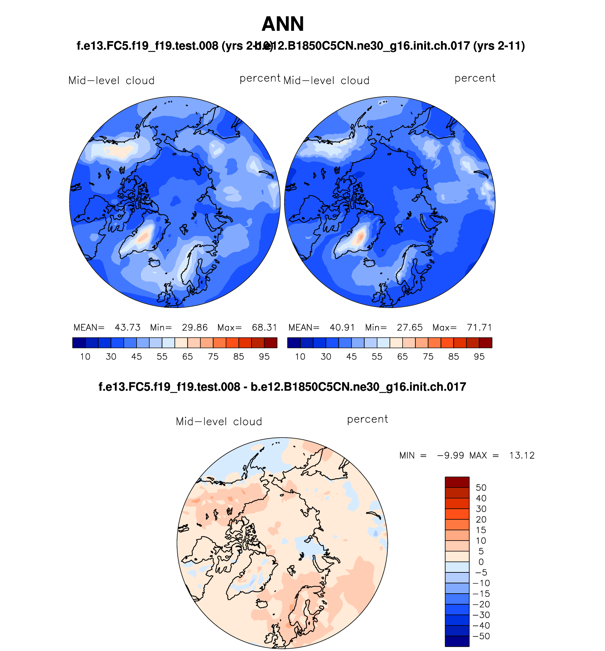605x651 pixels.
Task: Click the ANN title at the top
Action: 283,24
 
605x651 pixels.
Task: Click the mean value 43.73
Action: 127,327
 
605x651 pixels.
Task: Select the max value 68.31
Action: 264,327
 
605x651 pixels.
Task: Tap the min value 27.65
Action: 409,327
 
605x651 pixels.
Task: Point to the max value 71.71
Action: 479,327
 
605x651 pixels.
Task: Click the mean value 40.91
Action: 342,327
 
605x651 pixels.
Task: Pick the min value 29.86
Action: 195,327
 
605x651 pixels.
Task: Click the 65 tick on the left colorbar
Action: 188,357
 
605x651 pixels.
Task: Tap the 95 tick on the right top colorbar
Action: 479,357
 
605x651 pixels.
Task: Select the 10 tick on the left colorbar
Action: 85,357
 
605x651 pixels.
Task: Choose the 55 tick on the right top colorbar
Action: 377,357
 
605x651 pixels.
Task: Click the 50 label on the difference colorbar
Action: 481,488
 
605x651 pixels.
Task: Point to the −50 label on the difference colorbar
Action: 481,636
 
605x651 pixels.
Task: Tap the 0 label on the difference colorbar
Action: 481,562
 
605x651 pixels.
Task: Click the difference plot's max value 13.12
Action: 522,456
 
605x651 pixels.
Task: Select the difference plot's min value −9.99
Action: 450,456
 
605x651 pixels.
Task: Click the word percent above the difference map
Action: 367,419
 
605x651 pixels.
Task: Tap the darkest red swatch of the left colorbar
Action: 271,343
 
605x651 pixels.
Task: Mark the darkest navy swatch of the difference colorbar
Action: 457,641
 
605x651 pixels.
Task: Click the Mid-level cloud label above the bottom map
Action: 219,422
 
